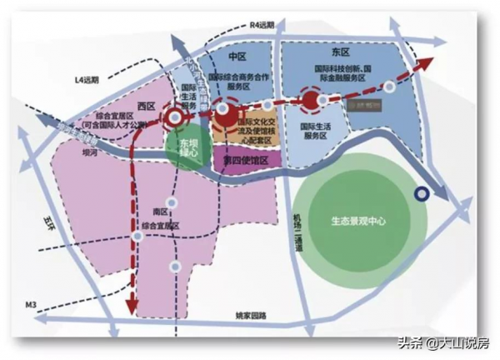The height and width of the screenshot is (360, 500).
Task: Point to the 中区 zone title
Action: coord(237,56)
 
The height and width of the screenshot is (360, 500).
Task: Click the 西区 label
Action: coord(147,106)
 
